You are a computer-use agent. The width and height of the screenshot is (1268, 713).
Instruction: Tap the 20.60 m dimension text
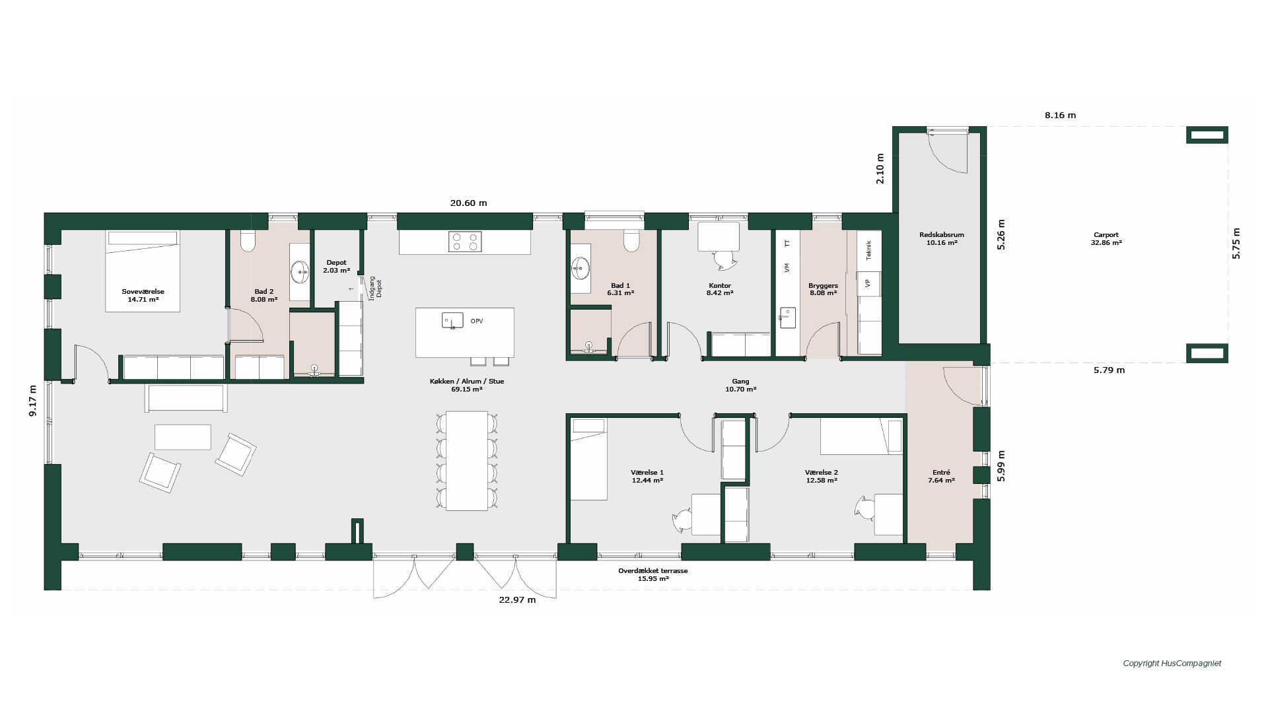468,203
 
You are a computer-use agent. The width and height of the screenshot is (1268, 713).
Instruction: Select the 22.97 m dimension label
517,600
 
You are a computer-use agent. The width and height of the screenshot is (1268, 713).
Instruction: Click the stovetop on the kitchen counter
465,242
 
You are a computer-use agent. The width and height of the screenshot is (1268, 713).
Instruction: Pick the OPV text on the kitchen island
477,322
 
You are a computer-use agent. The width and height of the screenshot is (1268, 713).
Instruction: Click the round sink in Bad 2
300,271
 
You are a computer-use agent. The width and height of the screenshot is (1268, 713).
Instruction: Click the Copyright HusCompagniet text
1172,663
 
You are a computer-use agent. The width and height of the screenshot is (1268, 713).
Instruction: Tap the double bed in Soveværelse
143,271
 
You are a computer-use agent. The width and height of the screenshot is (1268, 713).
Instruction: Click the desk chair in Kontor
724,260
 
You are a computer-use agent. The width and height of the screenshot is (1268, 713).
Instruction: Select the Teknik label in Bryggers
868,250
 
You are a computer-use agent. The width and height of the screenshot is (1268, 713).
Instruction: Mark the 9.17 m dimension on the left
33,401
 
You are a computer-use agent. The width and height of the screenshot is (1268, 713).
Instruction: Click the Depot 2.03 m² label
336,267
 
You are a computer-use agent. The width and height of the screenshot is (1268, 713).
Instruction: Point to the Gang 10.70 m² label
740,386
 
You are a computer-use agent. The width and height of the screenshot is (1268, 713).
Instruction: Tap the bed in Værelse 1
588,459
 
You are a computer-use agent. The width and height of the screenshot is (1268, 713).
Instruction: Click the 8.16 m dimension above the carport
1060,116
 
